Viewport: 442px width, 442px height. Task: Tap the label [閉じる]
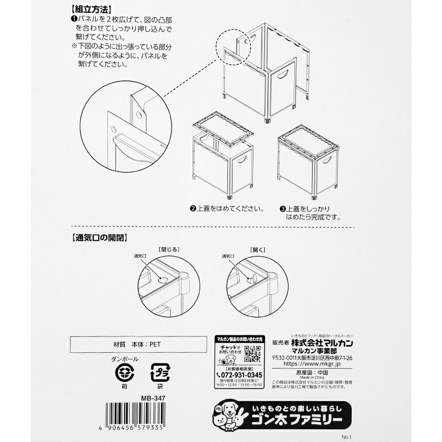(x=168, y=249)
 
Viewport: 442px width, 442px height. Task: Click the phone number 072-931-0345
(x=240, y=375)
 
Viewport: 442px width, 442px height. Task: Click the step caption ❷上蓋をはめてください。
(x=227, y=208)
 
